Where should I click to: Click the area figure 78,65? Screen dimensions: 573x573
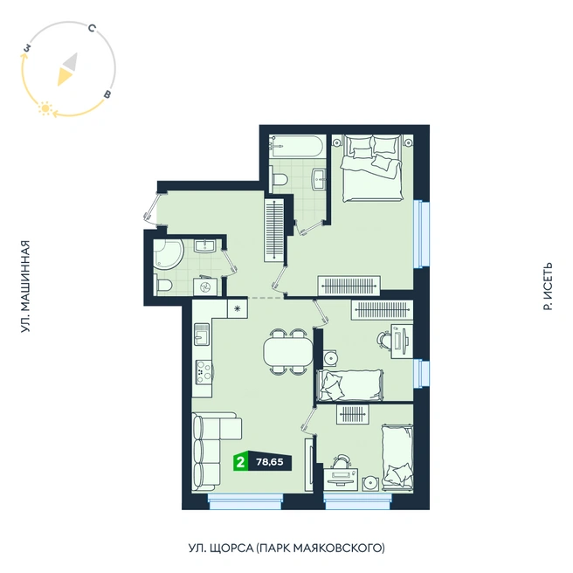tap(270, 462)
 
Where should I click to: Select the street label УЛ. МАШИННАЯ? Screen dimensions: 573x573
tap(24, 286)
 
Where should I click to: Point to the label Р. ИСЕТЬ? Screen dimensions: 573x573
tap(548, 286)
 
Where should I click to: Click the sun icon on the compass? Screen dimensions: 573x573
tap(45, 108)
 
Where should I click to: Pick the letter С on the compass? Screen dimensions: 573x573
tap(92, 28)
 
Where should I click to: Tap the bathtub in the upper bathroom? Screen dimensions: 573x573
tap(297, 146)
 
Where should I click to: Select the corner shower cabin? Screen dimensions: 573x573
tap(168, 254)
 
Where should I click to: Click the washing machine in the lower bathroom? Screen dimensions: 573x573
tap(204, 286)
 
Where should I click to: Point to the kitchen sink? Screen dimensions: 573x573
tap(202, 334)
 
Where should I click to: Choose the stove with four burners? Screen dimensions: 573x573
tap(204, 371)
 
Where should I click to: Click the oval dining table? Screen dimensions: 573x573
tap(288, 352)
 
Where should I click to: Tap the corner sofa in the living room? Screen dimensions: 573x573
tap(212, 452)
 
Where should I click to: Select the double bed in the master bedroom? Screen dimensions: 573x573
tap(372, 168)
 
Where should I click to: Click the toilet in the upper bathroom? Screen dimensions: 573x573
tap(279, 180)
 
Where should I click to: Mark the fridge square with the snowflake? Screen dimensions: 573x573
tap(238, 309)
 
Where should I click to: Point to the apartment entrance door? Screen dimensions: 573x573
tap(151, 209)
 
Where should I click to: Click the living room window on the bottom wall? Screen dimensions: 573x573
tap(245, 501)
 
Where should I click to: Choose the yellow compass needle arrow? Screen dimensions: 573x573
tap(65, 77)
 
